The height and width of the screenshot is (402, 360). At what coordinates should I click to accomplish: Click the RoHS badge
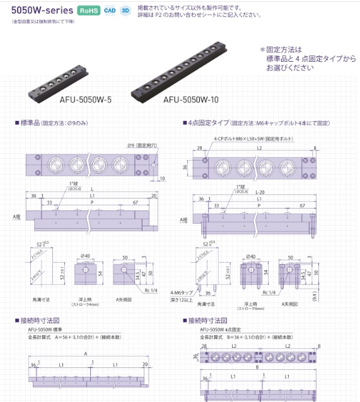tap(89, 11)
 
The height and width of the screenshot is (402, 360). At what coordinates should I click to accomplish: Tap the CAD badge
tap(110, 11)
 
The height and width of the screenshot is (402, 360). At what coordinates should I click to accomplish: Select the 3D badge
tap(125, 11)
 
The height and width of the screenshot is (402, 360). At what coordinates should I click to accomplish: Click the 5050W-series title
tap(38, 10)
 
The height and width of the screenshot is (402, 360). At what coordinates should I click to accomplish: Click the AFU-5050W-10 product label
tap(191, 99)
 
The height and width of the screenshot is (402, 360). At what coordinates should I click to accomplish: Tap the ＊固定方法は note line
tap(281, 49)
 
